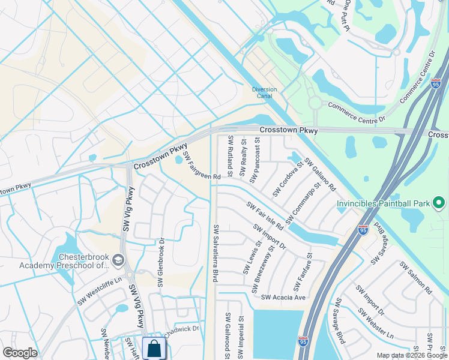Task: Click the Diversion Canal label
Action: tap(264, 93)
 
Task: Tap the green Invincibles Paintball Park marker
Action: tap(439, 203)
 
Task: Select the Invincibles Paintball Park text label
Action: tap(383, 203)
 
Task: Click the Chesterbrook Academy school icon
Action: tap(118, 260)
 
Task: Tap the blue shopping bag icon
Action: tap(154, 348)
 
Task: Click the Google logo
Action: tap(20, 353)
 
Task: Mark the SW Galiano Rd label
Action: tap(319, 174)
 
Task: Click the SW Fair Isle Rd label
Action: tap(265, 216)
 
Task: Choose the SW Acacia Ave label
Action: tap(283, 297)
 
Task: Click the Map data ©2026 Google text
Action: tap(411, 355)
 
